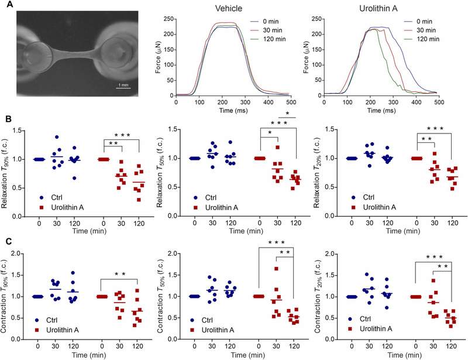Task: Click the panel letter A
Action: click(x=9, y=5)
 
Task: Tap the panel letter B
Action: click(x=8, y=119)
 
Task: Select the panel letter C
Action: click(x=9, y=241)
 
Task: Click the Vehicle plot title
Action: click(x=229, y=8)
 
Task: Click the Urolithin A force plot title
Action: click(x=378, y=8)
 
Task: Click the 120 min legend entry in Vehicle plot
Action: click(x=268, y=39)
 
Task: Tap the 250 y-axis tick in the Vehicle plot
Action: click(x=168, y=19)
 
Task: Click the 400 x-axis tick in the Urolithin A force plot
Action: click(x=416, y=102)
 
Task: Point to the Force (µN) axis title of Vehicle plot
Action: click(x=159, y=57)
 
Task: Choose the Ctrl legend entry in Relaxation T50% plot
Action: click(x=205, y=198)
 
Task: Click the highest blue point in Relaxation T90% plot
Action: click(x=57, y=137)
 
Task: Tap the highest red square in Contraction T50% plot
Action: click(x=276, y=269)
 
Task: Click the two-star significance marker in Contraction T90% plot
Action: click(x=119, y=274)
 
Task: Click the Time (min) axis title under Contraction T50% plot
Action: click(x=247, y=355)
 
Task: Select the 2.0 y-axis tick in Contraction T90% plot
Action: click(x=18, y=253)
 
